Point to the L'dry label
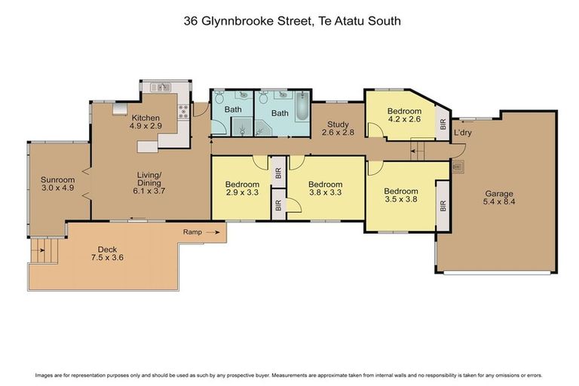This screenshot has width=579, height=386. point(462,133)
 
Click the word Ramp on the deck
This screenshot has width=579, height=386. point(192,232)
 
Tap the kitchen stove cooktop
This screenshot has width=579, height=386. point(181,114)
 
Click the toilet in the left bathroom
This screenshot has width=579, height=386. point(219,97)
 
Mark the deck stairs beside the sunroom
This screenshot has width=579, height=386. point(39,250)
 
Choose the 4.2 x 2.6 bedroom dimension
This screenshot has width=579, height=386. point(404,119)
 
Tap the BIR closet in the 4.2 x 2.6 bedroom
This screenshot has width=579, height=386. point(443,124)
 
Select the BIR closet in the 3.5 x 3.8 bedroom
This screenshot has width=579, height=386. point(443,204)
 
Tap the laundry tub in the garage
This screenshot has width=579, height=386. point(458,167)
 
